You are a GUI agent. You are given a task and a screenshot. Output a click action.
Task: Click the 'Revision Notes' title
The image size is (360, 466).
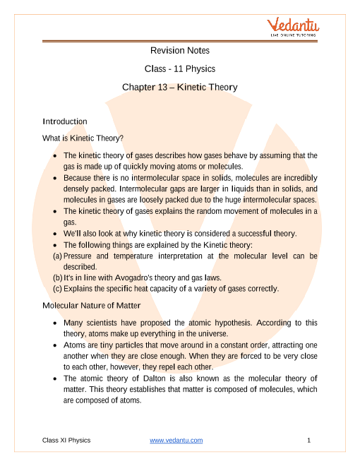point(180,50)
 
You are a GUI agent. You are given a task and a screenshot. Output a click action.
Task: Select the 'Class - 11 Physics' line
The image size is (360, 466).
point(180,68)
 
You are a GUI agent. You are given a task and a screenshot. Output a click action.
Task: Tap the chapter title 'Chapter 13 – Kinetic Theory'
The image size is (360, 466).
point(180,88)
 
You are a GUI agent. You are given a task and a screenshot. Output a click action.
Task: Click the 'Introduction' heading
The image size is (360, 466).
point(65,121)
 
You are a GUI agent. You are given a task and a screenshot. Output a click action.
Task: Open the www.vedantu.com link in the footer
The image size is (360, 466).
point(176,440)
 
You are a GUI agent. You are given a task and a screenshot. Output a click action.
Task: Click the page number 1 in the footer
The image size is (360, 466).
point(309,440)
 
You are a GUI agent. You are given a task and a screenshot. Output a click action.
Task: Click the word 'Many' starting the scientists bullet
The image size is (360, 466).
point(73,323)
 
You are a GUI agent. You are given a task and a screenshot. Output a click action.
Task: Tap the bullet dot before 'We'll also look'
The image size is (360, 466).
point(55,234)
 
